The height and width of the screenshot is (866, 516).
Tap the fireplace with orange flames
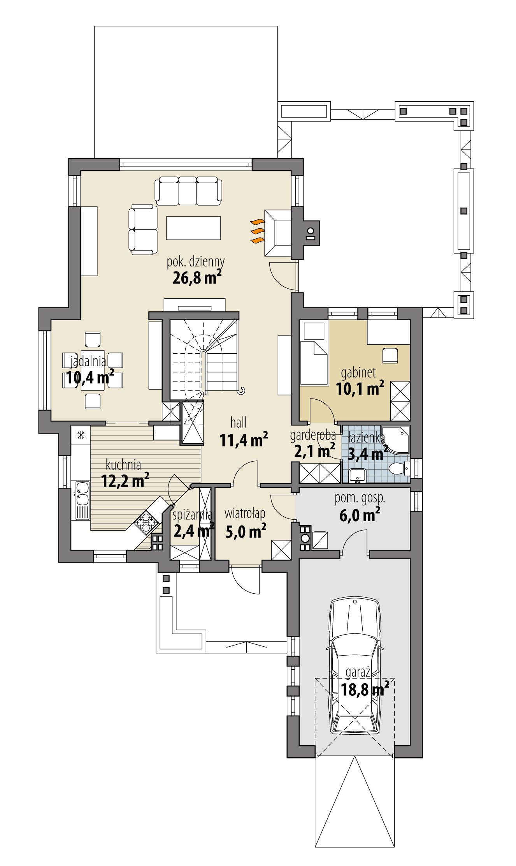click(x=277, y=233)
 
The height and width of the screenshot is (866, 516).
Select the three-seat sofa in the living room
click(x=188, y=190)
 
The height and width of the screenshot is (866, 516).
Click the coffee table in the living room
click(x=193, y=228)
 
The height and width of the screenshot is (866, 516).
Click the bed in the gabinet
click(x=314, y=362)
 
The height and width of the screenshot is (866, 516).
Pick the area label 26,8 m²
click(x=197, y=277)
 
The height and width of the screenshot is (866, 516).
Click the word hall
click(x=239, y=422)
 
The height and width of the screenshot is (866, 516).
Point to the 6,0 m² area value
click(x=360, y=515)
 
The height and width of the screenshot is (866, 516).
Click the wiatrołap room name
click(x=245, y=513)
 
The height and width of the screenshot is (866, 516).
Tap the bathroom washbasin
click(x=357, y=475)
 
